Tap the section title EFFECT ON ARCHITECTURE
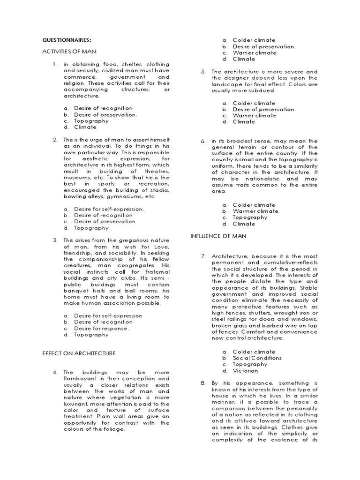pyautogui.click(x=79, y=353)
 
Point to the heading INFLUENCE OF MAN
pyautogui.click(x=218, y=236)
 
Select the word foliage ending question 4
pyautogui.click(x=114, y=429)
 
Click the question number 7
pyautogui.click(x=203, y=256)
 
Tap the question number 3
pyautogui.click(x=55, y=240)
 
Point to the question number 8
pyautogui.click(x=203, y=383)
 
